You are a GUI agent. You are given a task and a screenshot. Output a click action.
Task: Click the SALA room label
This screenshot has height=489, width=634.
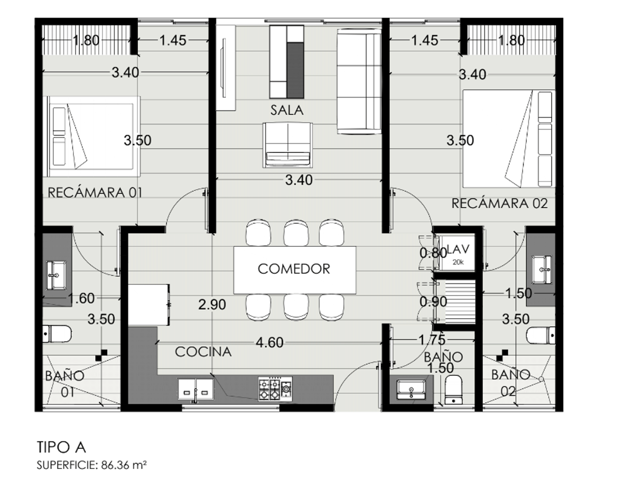[287, 110]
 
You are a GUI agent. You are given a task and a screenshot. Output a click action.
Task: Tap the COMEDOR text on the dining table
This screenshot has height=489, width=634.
[294, 269]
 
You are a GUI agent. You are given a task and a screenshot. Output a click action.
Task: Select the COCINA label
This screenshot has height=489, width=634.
[203, 352]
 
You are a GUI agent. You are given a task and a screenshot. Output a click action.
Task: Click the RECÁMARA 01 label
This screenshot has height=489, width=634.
[95, 192]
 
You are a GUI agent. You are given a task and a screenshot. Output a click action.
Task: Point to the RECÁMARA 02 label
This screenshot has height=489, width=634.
[499, 203]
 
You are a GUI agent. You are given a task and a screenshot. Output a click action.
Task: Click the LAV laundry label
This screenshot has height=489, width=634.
[458, 250]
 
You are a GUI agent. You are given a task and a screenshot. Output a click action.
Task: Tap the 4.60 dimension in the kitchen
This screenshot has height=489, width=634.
[269, 343]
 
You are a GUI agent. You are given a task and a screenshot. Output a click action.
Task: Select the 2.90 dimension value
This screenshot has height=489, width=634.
[212, 305]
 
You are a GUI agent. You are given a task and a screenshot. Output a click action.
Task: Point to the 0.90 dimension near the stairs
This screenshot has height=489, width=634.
[433, 302]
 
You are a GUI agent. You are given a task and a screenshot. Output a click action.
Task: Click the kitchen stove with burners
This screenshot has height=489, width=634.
[275, 388]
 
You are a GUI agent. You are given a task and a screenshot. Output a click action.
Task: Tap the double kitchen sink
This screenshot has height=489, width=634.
[196, 389]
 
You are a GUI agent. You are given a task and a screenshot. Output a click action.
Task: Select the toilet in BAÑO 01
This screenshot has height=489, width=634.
[57, 334]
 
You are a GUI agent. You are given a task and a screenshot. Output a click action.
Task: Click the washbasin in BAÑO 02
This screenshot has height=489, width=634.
[542, 270]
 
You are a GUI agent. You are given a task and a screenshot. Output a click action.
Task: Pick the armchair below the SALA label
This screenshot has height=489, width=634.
[287, 145]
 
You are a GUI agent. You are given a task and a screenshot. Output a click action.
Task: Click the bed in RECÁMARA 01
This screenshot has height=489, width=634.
[91, 136]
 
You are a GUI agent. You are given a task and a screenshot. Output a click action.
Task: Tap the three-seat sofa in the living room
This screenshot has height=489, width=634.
[359, 81]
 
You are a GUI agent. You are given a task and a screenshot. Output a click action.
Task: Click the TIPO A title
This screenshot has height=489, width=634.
[61, 447]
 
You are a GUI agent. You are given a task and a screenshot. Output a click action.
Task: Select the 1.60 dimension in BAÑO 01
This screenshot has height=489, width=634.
[81, 298]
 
